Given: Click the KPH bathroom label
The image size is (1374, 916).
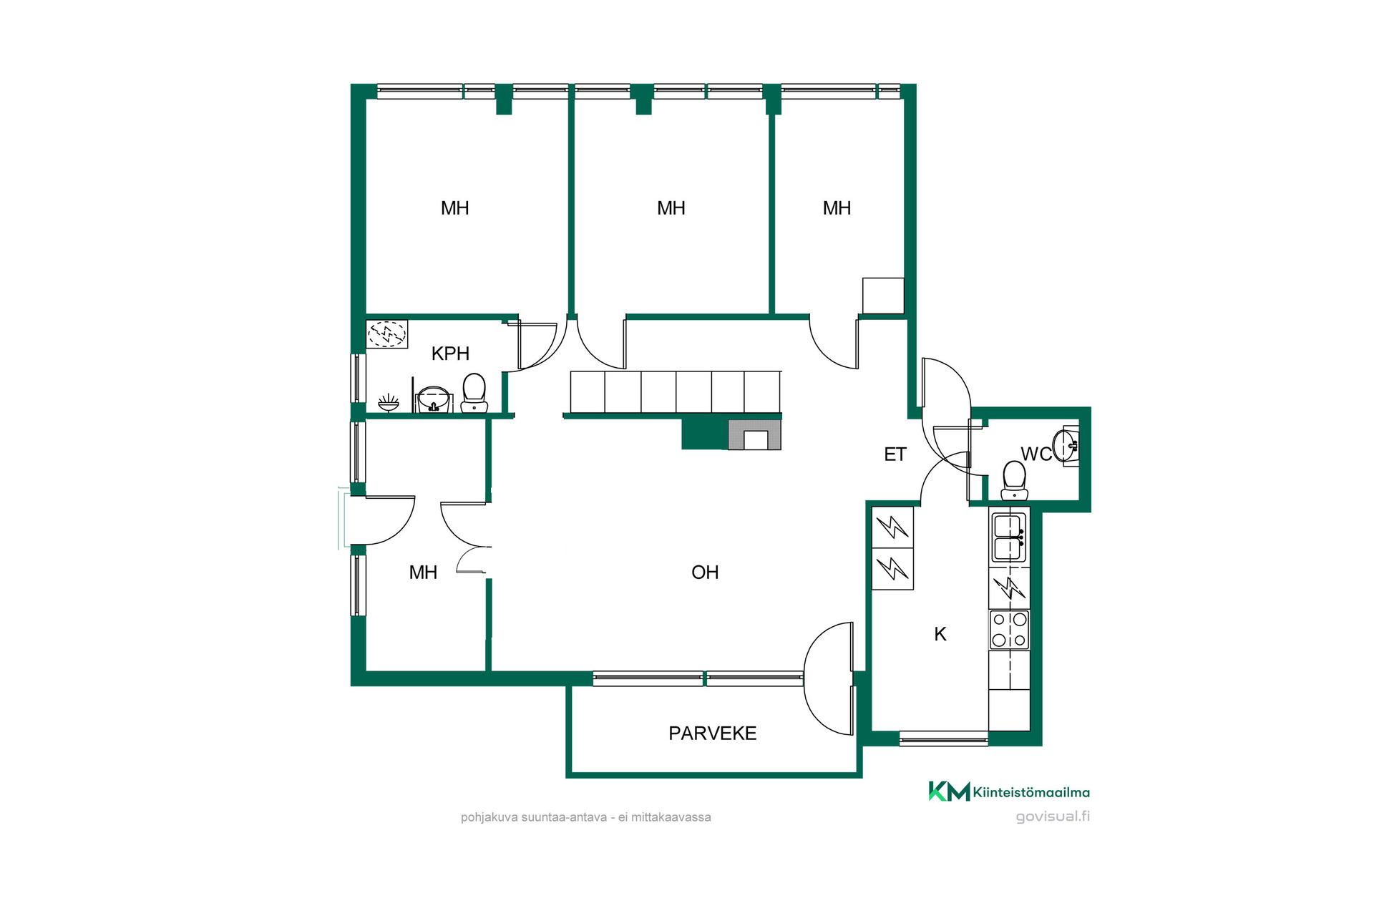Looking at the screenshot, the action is pyautogui.click(x=450, y=354).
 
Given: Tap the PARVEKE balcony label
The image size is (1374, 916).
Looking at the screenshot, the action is pyautogui.click(x=712, y=734).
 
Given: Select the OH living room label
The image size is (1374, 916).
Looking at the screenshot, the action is pyautogui.click(x=705, y=572).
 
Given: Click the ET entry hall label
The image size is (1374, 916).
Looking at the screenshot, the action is pyautogui.click(x=895, y=454).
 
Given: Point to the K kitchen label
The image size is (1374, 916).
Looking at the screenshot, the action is pyautogui.click(x=940, y=634).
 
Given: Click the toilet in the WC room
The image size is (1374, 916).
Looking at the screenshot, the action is pyautogui.click(x=1014, y=480).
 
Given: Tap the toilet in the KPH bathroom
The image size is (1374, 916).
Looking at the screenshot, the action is pyautogui.click(x=474, y=394).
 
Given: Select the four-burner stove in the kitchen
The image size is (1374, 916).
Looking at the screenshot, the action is pyautogui.click(x=1009, y=630).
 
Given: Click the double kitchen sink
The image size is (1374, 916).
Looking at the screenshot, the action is pyautogui.click(x=1009, y=537).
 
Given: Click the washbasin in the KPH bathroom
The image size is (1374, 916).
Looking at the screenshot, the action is pyautogui.click(x=433, y=399).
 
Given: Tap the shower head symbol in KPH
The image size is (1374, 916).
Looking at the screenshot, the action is pyautogui.click(x=389, y=402).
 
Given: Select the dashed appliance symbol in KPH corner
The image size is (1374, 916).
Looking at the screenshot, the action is pyautogui.click(x=387, y=333).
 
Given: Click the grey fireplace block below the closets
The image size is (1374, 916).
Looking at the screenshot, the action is pyautogui.click(x=754, y=435).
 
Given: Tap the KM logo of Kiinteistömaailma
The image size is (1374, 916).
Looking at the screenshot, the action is pyautogui.click(x=949, y=791).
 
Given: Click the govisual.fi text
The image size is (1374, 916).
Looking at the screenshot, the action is pyautogui.click(x=1053, y=817).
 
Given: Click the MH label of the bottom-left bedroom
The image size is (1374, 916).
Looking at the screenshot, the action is pyautogui.click(x=423, y=572).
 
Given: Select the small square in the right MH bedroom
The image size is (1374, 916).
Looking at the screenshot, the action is pyautogui.click(x=883, y=296).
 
